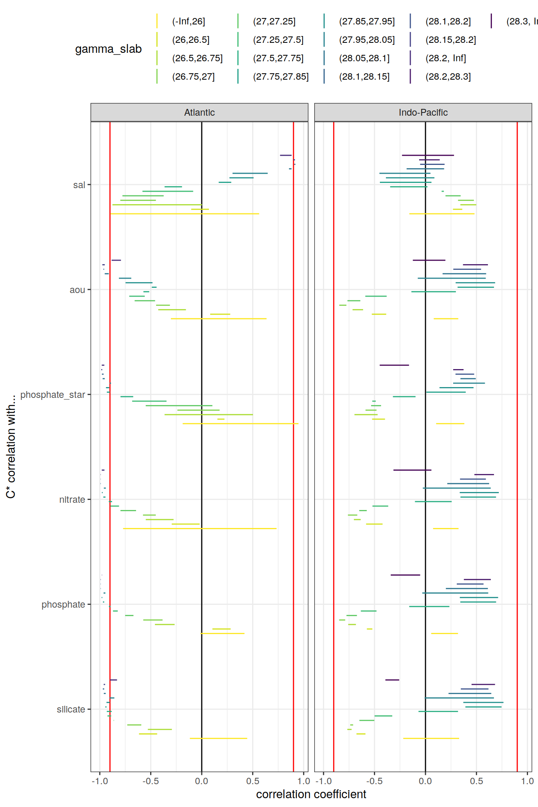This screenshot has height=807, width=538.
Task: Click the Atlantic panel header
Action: [x=199, y=112]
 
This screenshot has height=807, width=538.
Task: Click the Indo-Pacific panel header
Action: [x=423, y=112]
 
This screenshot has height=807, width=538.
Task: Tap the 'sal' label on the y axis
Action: [x=79, y=185]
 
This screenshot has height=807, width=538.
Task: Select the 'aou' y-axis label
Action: [x=77, y=290]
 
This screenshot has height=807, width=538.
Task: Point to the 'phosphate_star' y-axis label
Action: [x=52, y=395]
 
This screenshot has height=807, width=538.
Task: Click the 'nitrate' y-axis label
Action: [x=72, y=500]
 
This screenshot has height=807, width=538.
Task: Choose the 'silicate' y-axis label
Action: [x=71, y=709]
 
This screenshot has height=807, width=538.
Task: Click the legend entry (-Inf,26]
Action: [x=189, y=21]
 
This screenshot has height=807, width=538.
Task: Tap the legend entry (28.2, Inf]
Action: [x=446, y=58]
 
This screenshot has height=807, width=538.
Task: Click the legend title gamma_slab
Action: [x=108, y=49]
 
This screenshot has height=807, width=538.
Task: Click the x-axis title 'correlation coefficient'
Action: [x=311, y=794]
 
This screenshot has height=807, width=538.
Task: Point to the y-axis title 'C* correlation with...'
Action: [x=11, y=446]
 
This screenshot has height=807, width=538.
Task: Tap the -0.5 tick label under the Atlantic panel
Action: [x=151, y=781]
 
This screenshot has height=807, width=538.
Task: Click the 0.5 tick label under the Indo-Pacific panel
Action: [x=476, y=781]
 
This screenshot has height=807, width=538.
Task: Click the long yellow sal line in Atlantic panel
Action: [x=184, y=214]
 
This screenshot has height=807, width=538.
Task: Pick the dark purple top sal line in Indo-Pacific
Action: [x=428, y=155]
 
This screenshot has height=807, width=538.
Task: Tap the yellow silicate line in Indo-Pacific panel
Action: [x=431, y=738]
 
